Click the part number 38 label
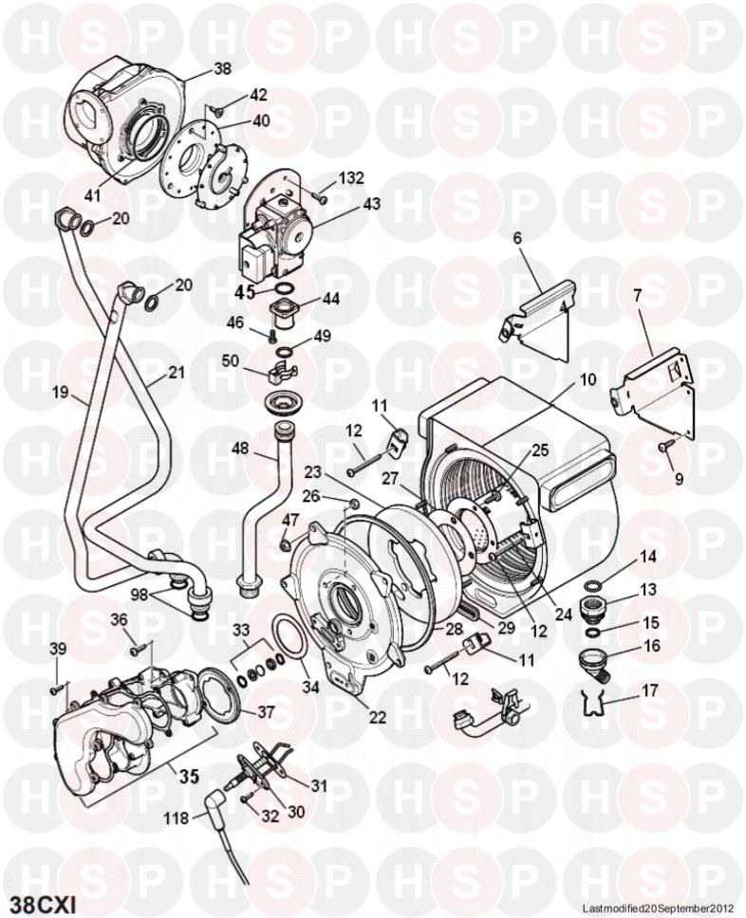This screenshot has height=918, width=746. coord(222,68)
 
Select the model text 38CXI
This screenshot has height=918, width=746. coord(44,897)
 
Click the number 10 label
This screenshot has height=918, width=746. coord(588,380)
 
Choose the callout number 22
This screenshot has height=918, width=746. coord(378,718)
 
